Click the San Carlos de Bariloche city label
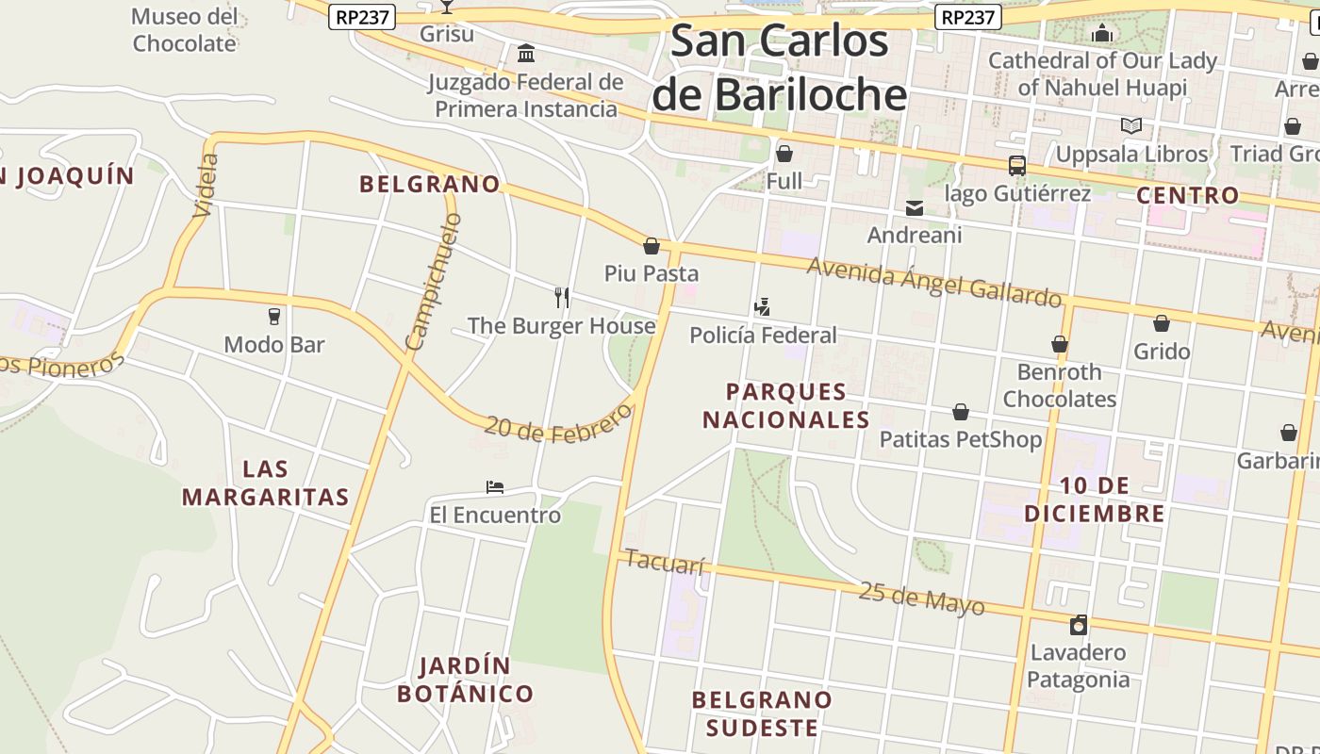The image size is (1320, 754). click(779, 68)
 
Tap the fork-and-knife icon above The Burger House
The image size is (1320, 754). click(562, 298)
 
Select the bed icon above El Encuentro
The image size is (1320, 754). click(495, 487)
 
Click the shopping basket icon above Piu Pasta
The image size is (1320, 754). click(651, 247)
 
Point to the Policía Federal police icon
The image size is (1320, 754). click(763, 307)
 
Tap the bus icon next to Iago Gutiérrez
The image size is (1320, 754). click(1016, 166)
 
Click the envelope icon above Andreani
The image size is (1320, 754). click(914, 208)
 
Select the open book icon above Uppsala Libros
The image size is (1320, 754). click(1131, 125)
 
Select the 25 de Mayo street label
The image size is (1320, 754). click(921, 598)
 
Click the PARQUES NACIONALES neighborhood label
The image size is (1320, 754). click(785, 405)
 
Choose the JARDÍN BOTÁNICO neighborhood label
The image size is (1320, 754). click(465, 680)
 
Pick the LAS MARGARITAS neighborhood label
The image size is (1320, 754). click(265, 483)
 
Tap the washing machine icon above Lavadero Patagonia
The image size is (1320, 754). click(1079, 625)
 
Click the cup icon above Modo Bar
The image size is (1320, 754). click(274, 317)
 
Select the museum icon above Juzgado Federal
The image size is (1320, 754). click(526, 53)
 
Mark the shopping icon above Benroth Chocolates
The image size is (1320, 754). click(1060, 345)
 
